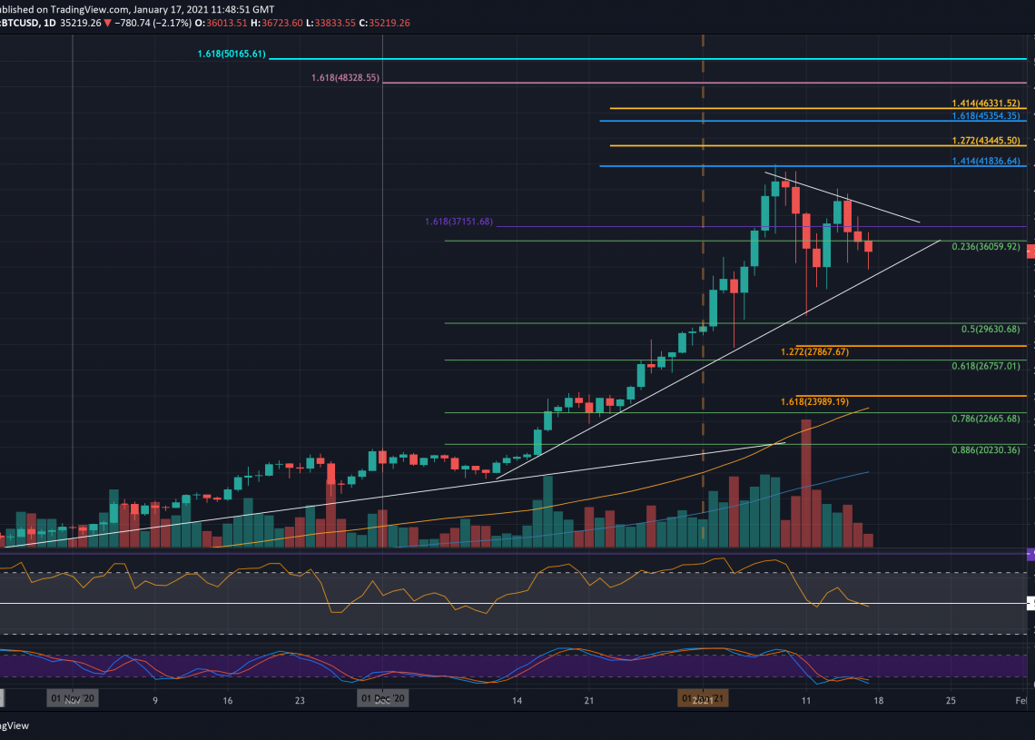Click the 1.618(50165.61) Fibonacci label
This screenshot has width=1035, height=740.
coord(232,54)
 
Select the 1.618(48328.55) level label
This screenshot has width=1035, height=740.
coord(345,79)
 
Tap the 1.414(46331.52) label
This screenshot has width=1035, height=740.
coord(986,104)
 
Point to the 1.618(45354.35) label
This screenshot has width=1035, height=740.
coord(986,116)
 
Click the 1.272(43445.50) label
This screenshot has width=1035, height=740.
coord(986,141)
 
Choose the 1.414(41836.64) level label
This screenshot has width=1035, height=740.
coord(986,161)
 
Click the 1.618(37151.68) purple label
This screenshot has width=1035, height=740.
coord(458,222)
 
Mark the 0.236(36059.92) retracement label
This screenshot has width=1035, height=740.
coord(986,246)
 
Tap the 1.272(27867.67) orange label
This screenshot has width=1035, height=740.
coord(814,351)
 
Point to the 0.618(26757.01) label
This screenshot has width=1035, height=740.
coord(986,366)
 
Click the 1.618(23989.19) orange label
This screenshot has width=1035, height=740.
coord(814,401)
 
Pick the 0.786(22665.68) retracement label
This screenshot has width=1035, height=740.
coord(986,419)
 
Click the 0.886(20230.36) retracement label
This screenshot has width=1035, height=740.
coord(986,450)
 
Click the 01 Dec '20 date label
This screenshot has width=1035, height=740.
coord(382,699)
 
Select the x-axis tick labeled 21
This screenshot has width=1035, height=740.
coord(588,700)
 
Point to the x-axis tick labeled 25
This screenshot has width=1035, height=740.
coord(950,700)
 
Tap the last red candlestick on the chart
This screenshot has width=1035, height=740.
coord(869,246)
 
